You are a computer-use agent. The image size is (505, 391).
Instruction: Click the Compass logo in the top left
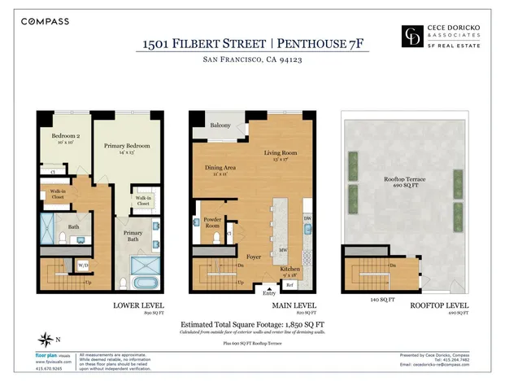pyautogui.click(x=46, y=21)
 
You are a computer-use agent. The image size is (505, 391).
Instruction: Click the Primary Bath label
pyautogui.click(x=133, y=235)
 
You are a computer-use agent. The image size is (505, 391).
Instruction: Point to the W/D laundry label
pyautogui.click(x=83, y=265)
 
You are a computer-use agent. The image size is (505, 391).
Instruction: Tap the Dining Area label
pyautogui.click(x=219, y=169)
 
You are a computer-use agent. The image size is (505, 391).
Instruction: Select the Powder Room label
pyautogui.click(x=213, y=222)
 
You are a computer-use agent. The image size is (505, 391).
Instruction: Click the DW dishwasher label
pyautogui.click(x=307, y=218)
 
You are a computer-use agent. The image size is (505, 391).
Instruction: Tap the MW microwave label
pyautogui.click(x=283, y=250)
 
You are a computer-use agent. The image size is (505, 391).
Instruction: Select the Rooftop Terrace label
pyautogui.click(x=403, y=179)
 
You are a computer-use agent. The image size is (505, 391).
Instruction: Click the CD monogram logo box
pyautogui.click(x=414, y=36)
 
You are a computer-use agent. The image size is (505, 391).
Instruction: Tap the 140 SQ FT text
pyautogui.click(x=372, y=299)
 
